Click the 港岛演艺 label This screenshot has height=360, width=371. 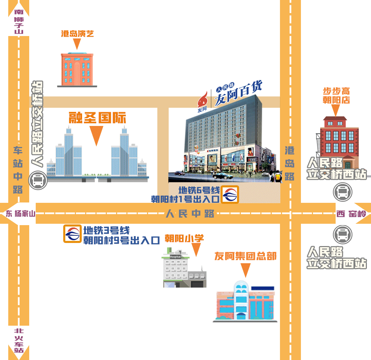click(77, 34)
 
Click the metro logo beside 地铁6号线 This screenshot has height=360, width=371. click(229, 195)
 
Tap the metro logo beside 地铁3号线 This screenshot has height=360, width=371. click(72, 234)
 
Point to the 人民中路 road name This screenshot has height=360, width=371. click(190, 213)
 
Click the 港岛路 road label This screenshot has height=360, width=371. click(290, 163)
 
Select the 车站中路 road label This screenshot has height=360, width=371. click(18, 170)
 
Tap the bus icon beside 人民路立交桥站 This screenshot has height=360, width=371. click(37, 181)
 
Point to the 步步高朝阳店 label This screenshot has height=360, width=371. click(336, 96)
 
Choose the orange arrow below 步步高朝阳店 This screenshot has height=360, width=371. click(336, 110)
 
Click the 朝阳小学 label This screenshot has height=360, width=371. click(184, 238)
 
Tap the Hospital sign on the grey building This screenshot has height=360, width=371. click(175, 257)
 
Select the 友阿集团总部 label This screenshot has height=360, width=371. click(245, 256)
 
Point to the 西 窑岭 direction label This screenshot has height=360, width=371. click(351, 214)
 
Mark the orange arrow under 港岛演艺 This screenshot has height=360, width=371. click(77, 44)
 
